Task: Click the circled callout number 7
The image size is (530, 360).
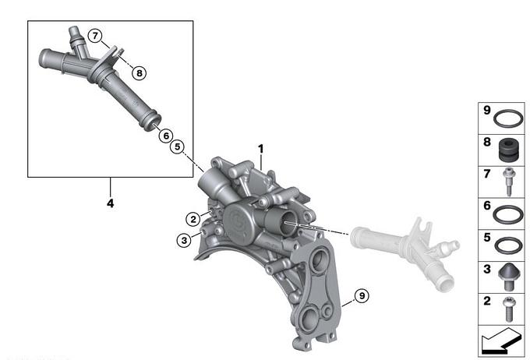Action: [95, 36]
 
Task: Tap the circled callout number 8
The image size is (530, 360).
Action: [139, 72]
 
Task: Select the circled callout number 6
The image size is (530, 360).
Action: [166, 136]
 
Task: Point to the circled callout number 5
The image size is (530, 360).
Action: [178, 146]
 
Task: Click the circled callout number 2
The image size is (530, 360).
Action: [193, 220]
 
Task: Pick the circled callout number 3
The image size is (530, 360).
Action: [184, 240]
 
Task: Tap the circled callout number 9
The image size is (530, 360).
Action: [362, 296]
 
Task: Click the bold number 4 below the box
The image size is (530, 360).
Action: [110, 203]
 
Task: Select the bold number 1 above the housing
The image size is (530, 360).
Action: [260, 149]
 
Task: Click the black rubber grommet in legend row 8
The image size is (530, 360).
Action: [509, 150]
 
